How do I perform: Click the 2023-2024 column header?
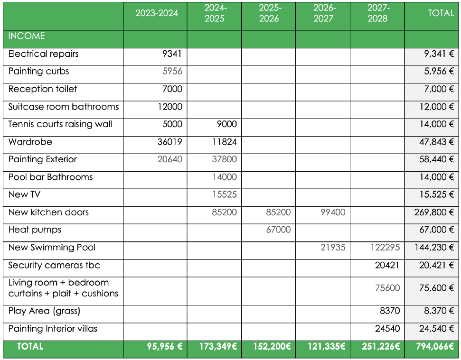click(157, 13)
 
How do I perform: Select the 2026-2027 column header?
click(323, 13)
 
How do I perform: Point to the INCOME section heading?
click(27, 36)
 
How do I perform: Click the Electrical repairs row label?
click(44, 54)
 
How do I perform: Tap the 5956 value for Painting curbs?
click(172, 71)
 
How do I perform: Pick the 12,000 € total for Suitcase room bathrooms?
click(437, 107)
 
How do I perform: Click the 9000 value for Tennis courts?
click(226, 124)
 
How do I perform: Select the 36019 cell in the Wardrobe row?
click(169, 142)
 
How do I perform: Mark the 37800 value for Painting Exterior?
click(224, 159)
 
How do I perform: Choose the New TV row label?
click(24, 194)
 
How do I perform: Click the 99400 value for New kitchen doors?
click(333, 212)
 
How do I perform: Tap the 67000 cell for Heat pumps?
click(278, 230)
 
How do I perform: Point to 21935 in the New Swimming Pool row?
click(333, 248)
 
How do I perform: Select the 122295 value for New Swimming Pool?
click(385, 248)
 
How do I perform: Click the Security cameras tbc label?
click(54, 265)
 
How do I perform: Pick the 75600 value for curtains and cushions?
click(387, 288)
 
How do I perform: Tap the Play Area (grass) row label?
click(44, 311)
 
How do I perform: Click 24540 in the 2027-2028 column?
click(387, 329)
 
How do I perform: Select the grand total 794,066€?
click(435, 347)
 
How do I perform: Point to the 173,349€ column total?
click(218, 347)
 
